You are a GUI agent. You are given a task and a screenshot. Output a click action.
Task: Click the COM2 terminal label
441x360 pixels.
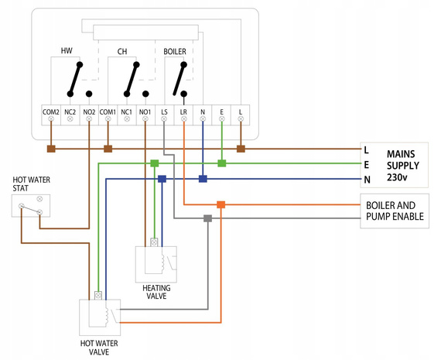pos(51,112)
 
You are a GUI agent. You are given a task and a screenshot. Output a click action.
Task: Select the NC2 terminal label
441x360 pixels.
pos(70,112)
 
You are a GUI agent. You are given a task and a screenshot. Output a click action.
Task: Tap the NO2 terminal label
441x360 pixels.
pos(89,112)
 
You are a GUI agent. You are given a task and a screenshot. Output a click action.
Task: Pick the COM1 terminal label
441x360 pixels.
pos(108,112)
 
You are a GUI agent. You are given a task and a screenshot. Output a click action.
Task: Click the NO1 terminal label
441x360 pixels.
pos(145,112)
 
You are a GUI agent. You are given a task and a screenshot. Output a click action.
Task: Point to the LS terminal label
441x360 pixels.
pos(164,112)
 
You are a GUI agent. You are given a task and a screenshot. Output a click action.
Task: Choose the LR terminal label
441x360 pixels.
pos(183,112)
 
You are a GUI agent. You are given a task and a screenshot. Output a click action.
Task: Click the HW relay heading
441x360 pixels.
pos(67,51)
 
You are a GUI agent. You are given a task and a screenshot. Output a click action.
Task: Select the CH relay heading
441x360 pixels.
pos(122,51)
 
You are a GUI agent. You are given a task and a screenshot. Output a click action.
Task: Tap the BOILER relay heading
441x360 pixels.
pos(175,51)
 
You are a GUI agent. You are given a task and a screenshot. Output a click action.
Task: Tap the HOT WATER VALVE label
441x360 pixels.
pos(99,345)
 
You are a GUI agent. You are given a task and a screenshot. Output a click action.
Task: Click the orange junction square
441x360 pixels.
pos(221,204)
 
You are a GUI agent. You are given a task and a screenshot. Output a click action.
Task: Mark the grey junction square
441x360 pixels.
pos(207,218)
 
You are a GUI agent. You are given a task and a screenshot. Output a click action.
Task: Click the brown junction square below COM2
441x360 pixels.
pos(51,148)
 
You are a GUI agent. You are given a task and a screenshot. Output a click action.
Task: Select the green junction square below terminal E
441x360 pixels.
pos(222,163)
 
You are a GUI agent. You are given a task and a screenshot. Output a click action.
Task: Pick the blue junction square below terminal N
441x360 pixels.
pos(203,179)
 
